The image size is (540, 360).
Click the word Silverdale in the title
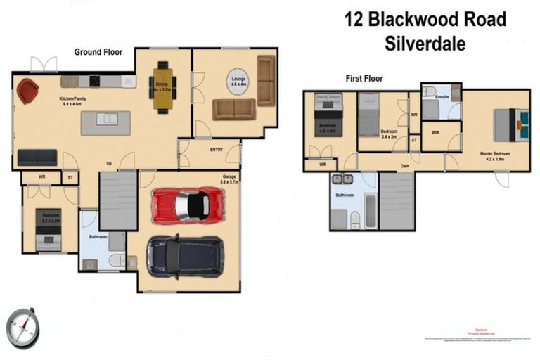tap(425, 44)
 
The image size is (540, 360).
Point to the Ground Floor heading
tap(98, 51)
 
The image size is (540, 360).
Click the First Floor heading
tap(364, 79)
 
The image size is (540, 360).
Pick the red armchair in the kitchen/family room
tap(28, 90)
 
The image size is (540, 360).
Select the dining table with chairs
tap(162, 88)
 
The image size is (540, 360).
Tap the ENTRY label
tap(217, 150)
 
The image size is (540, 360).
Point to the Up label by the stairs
tap(109, 164)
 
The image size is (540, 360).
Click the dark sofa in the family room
tap(37, 157)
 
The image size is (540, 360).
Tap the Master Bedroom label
tap(495, 153)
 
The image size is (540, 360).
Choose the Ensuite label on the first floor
tap(442, 96)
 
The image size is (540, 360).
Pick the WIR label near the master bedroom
tap(436, 131)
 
